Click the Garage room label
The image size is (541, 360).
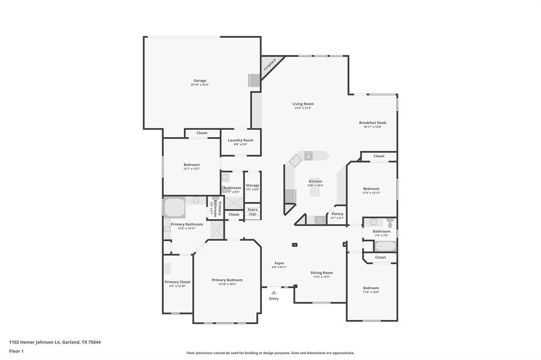point(200,81)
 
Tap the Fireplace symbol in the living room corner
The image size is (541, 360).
point(269,65)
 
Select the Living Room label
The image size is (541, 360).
point(303,104)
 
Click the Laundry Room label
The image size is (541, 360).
point(240,140)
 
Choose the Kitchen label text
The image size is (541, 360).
point(315,181)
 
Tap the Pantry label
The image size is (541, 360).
point(337,214)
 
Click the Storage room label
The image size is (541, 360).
point(253,185)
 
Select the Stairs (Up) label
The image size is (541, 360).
point(253,212)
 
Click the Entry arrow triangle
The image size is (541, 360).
point(274,292)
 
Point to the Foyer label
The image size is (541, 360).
point(279,263)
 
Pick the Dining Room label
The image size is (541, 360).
point(321,273)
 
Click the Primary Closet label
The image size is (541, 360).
point(177,282)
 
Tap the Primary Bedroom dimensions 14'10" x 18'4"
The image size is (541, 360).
point(227,284)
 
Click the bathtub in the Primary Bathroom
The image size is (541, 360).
point(174,207)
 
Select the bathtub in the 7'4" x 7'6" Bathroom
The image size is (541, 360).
point(385,246)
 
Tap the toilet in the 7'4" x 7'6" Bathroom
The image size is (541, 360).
point(390,224)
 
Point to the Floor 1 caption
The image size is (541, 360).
point(16,351)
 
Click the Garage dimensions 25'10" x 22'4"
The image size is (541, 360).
point(200,85)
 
